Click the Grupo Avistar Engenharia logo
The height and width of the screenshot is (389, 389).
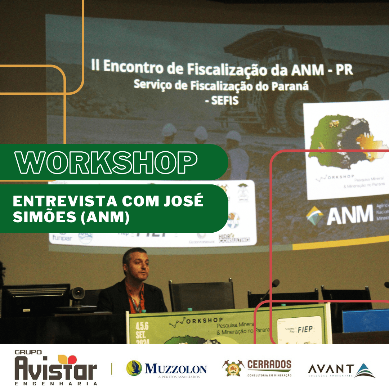(56, 367)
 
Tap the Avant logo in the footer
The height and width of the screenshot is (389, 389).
(341, 370)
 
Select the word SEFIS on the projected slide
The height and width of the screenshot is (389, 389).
(222, 100)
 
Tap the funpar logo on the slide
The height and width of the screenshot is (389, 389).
(62, 238)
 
